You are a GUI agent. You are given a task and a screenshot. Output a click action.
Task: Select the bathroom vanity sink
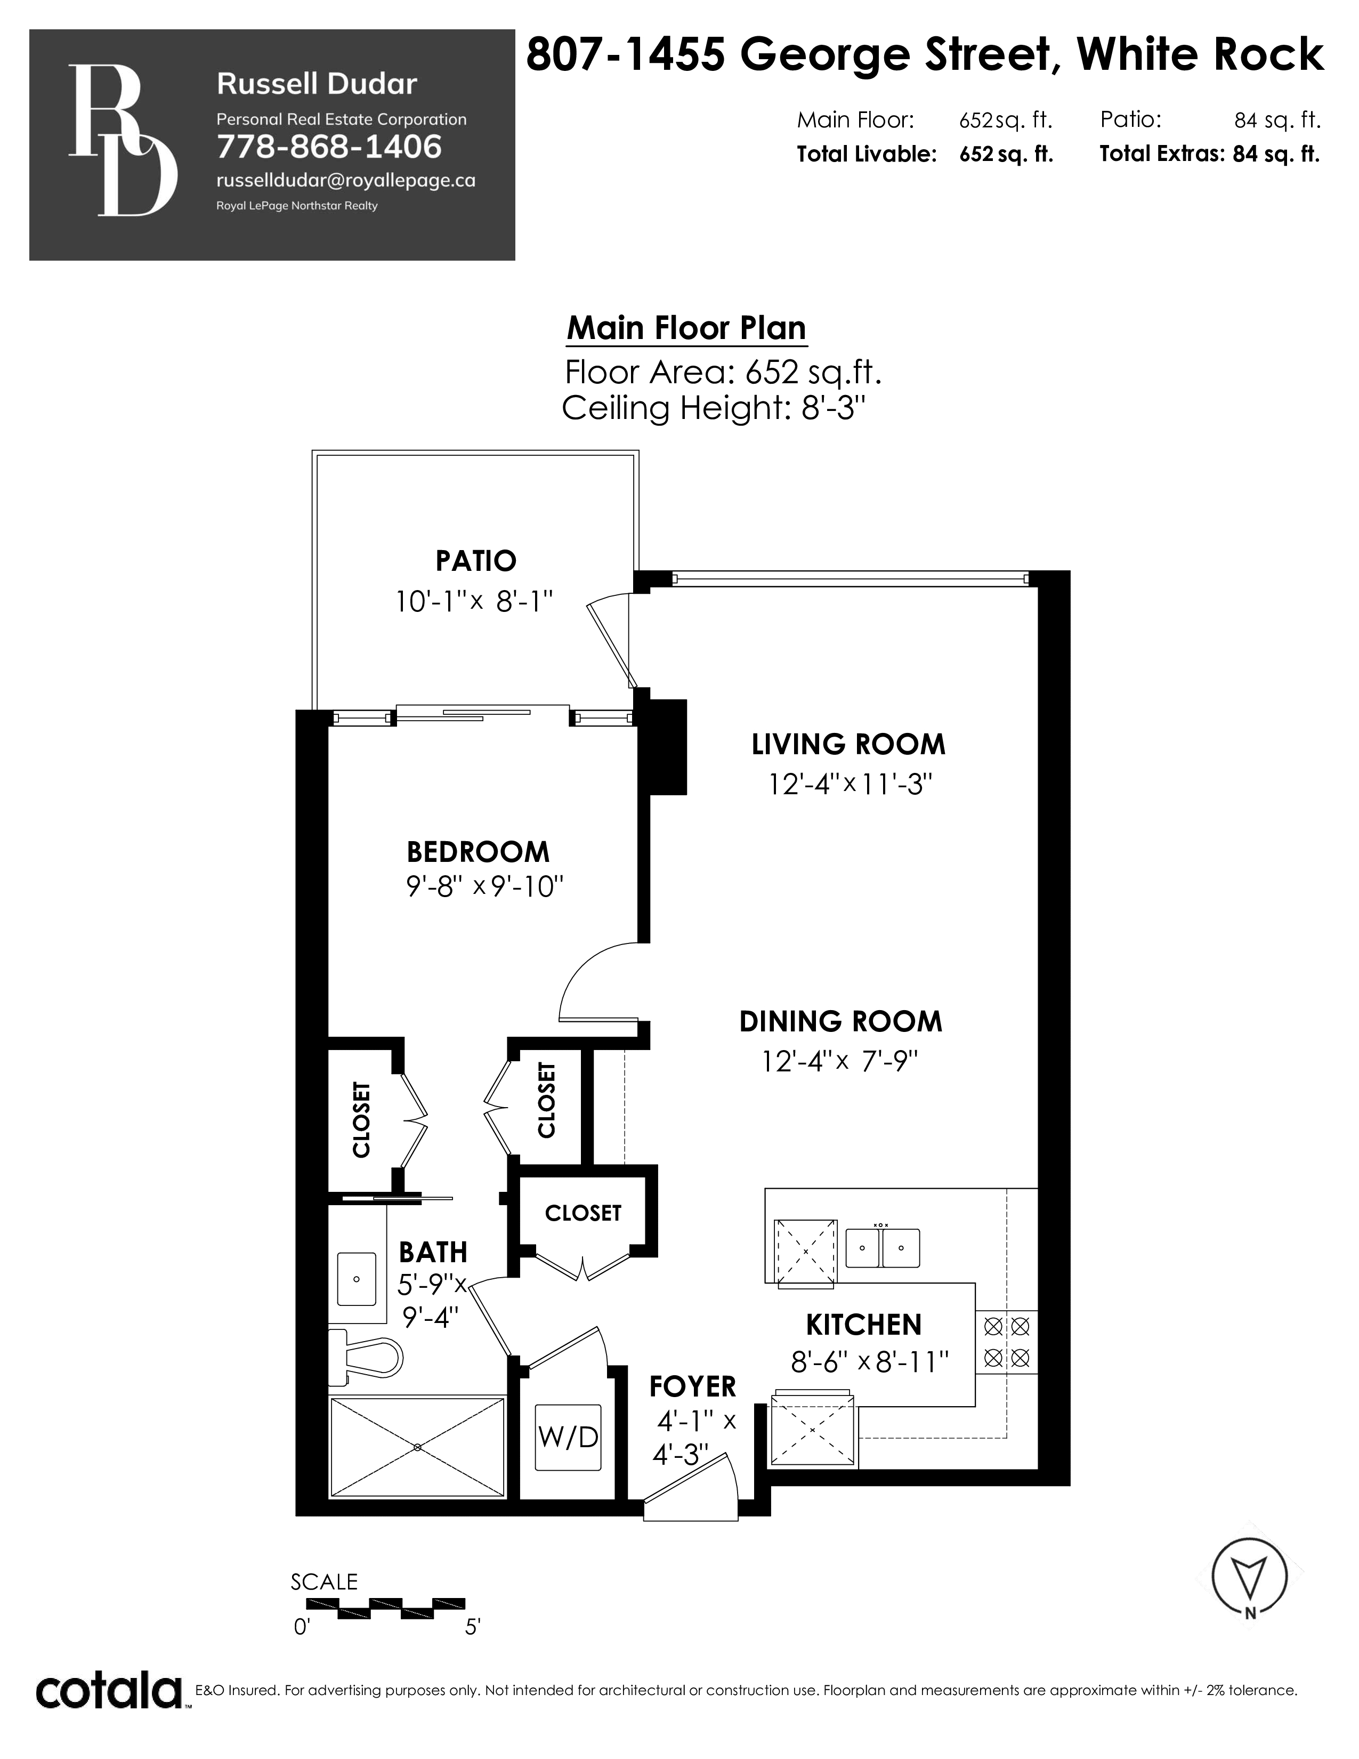point(357,1279)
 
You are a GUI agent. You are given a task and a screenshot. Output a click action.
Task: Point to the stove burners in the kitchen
point(1006,1340)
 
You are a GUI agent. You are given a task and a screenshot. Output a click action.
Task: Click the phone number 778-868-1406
point(329,147)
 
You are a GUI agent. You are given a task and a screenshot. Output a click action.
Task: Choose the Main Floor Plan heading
point(686,328)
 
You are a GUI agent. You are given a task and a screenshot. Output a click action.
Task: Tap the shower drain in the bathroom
point(417,1447)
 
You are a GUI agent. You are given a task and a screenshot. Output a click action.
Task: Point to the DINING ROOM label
point(840,1021)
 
